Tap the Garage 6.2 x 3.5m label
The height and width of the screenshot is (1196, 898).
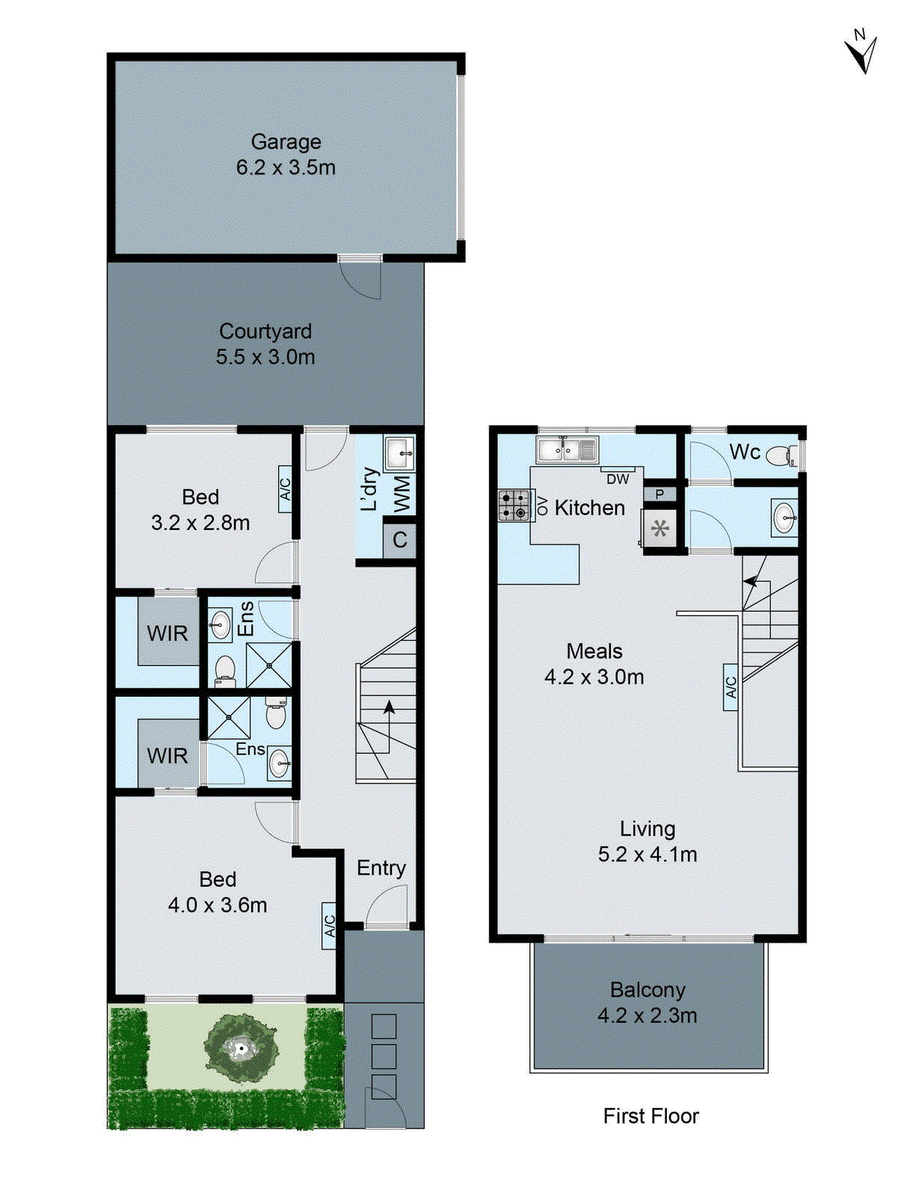tap(286, 155)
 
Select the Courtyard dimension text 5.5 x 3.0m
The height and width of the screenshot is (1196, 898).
tap(265, 357)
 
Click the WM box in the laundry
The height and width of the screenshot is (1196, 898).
tap(402, 493)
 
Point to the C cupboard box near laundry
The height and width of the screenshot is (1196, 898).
tap(399, 540)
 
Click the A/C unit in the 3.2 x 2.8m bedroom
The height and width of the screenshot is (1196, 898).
tap(285, 489)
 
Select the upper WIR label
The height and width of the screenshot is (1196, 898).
tap(167, 634)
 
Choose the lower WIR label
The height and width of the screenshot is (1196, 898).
tap(167, 756)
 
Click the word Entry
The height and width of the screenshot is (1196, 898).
tap(381, 868)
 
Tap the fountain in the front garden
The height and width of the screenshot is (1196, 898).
tap(241, 1049)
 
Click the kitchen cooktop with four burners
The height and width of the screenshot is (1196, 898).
tap(514, 505)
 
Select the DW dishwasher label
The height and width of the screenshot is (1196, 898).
tap(618, 479)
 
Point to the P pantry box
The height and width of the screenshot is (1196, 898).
tap(659, 494)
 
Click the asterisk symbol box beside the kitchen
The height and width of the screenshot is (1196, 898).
tap(659, 529)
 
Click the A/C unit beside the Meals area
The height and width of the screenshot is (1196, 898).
tap(731, 686)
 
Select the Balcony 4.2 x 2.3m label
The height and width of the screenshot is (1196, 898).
tap(648, 1002)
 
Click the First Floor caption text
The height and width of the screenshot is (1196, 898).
tap(651, 1116)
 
